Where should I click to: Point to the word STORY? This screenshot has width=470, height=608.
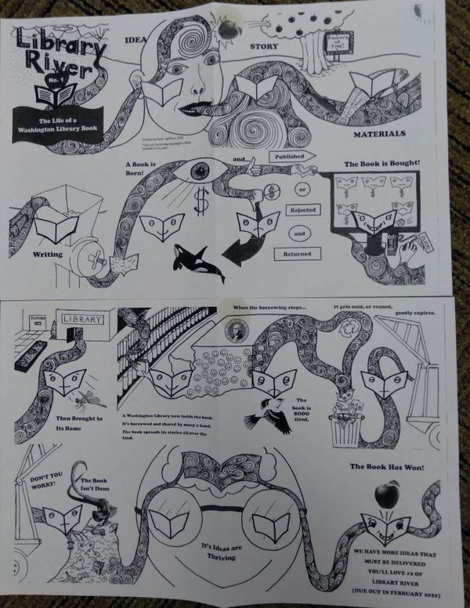point(265,46)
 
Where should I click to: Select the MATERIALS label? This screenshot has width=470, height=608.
point(378,134)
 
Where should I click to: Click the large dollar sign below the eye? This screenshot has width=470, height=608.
point(201,202)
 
